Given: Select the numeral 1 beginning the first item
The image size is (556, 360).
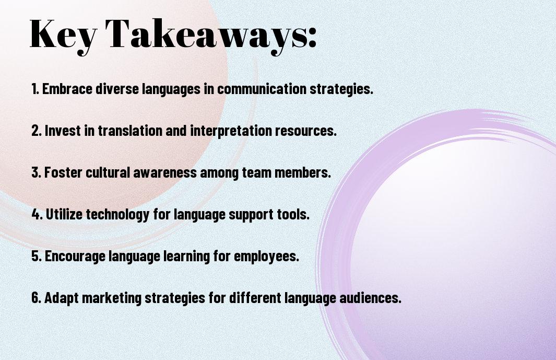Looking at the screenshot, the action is (x=34, y=89).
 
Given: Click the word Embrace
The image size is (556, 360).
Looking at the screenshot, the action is (x=67, y=89).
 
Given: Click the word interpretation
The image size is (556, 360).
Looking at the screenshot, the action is (x=231, y=131).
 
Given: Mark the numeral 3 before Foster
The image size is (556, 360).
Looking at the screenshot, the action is (x=36, y=172).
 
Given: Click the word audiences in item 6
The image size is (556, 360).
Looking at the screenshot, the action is (x=370, y=297).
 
